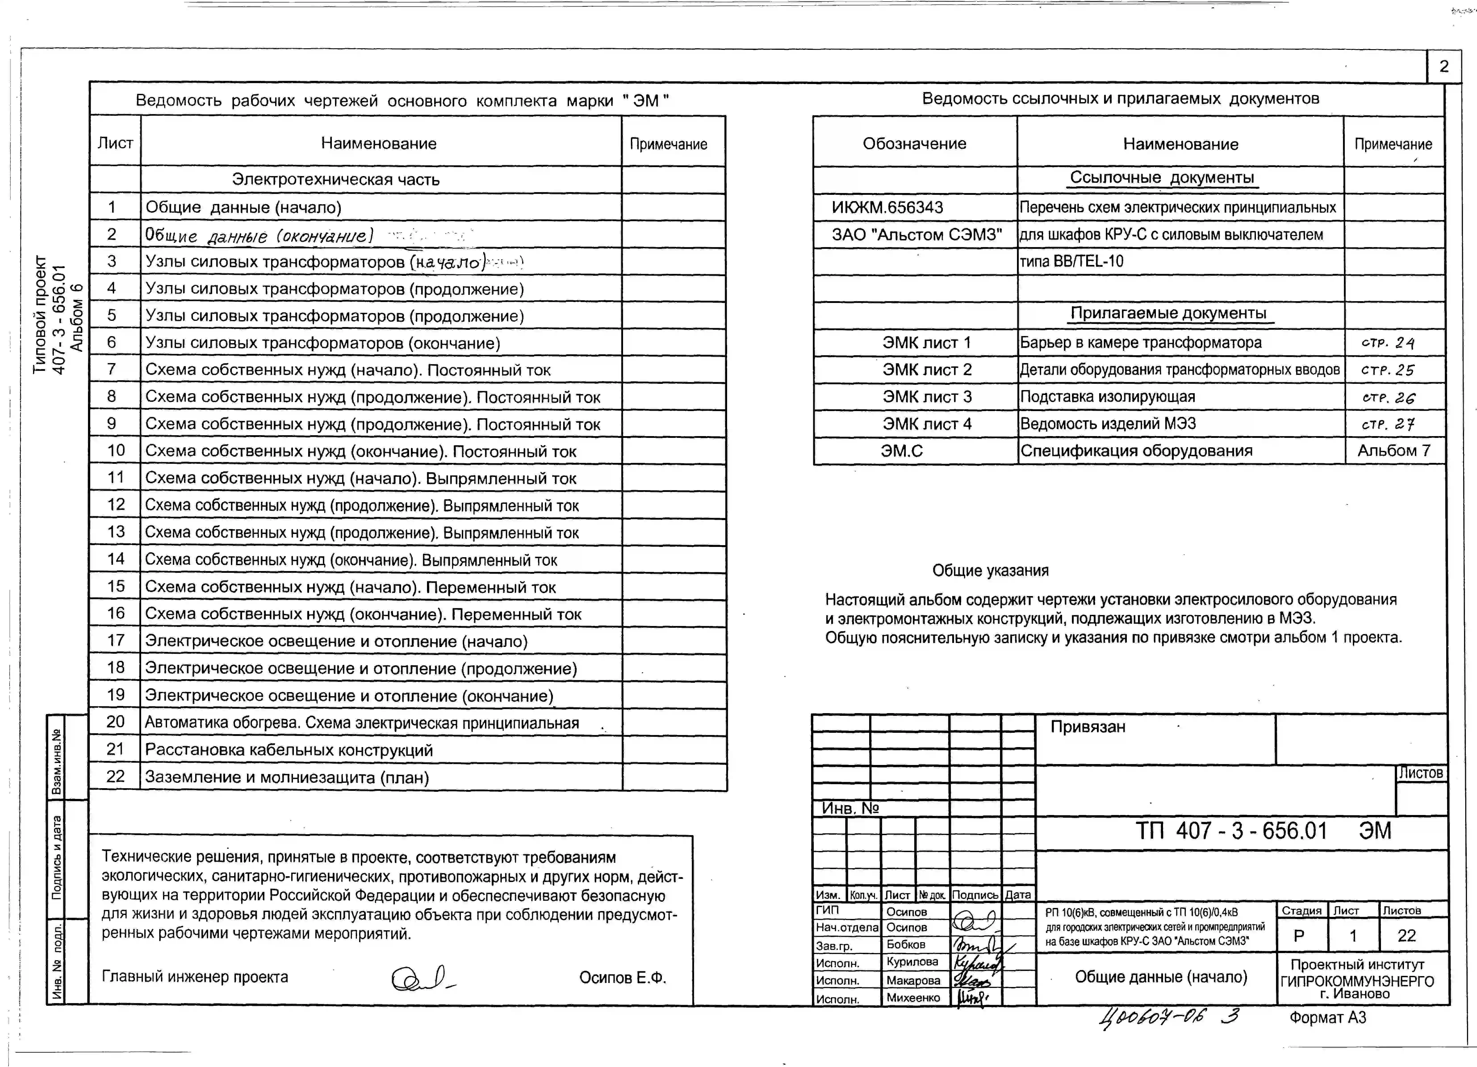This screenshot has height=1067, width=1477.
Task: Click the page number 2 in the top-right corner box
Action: point(1443,66)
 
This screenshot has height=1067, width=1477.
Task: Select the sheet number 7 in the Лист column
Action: point(112,369)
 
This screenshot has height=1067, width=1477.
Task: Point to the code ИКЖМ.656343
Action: point(887,207)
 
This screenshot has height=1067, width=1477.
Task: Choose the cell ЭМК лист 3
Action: point(927,397)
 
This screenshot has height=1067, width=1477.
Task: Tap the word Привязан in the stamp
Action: point(1088,727)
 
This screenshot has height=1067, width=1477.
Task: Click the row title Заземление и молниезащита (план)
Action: point(287,777)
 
